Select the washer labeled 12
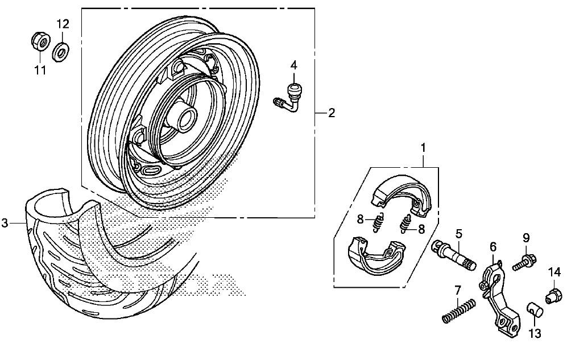click(x=61, y=51)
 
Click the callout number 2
click(x=331, y=113)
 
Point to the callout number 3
click(x=5, y=223)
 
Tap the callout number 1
click(x=423, y=148)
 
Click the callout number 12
click(x=62, y=24)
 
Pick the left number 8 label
click(x=360, y=219)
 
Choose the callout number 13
click(x=535, y=333)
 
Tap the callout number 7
click(x=458, y=290)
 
